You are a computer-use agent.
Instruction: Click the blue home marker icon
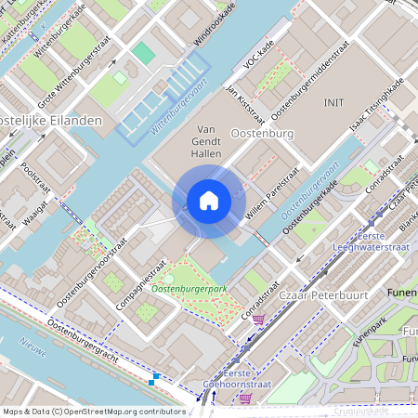coord(208,201)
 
